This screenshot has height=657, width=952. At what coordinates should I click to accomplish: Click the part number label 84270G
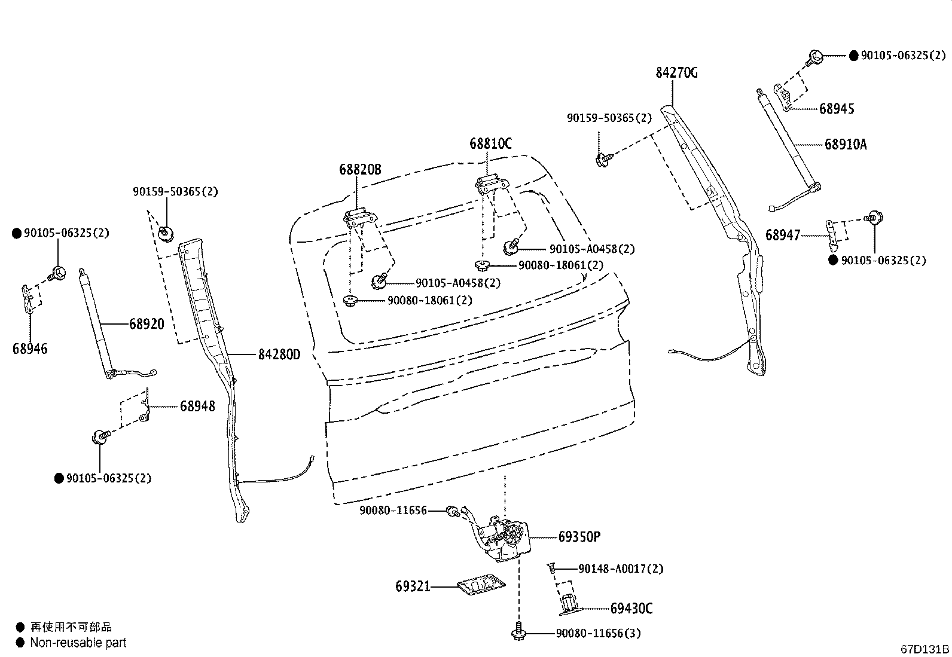[x=676, y=73]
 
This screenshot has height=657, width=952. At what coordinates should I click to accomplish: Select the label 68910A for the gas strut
[x=845, y=144]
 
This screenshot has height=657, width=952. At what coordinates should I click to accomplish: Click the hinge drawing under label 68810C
[x=492, y=184]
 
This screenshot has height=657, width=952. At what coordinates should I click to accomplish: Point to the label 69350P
[x=579, y=537]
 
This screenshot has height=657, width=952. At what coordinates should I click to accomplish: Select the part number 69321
[x=412, y=586]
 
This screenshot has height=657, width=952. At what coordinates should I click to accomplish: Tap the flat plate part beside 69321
[x=480, y=586]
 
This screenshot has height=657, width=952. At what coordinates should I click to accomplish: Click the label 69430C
[x=631, y=609]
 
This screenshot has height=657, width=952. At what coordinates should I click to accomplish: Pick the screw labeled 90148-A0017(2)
[x=551, y=569]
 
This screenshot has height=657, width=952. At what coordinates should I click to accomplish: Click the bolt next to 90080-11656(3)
[x=518, y=633]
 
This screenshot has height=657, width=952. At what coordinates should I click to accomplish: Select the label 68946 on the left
[x=30, y=349]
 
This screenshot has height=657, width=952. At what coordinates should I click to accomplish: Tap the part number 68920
[x=147, y=324]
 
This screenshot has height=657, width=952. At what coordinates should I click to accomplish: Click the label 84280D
[x=279, y=355]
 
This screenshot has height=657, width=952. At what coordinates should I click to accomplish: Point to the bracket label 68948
[x=197, y=406]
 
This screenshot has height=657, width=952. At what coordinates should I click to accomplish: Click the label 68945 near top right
[x=836, y=109]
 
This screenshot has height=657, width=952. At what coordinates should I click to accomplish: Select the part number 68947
[x=782, y=235]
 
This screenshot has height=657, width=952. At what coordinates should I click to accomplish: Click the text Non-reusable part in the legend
[x=78, y=643]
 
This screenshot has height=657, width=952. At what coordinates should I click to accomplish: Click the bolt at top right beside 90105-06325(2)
[x=814, y=57]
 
